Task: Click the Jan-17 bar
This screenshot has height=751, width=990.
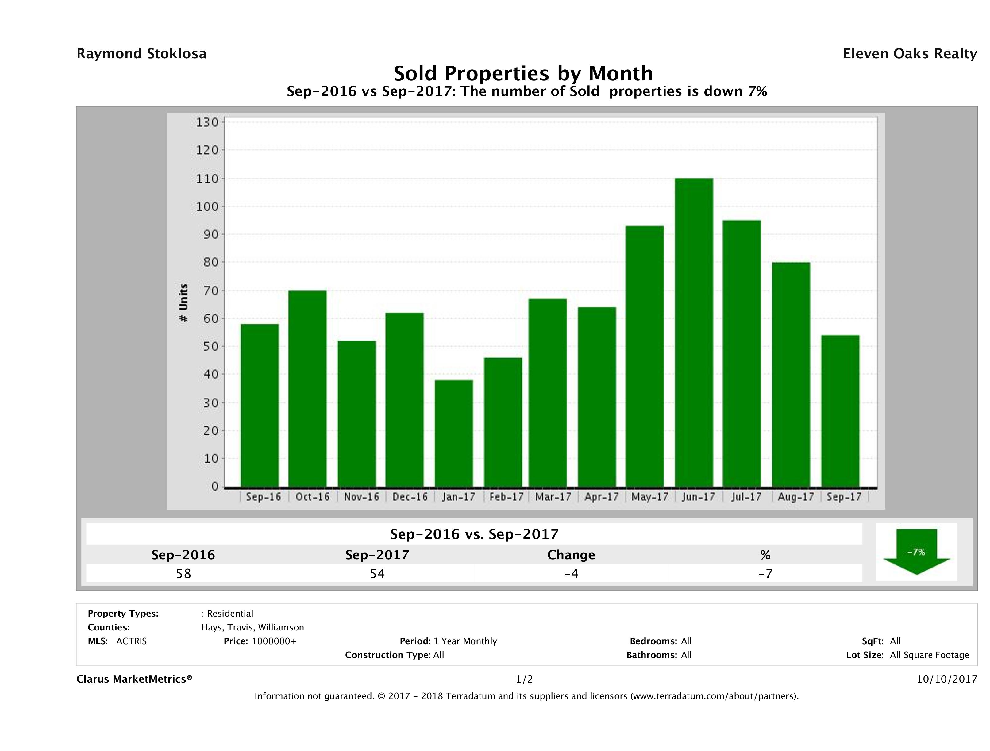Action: [x=453, y=433]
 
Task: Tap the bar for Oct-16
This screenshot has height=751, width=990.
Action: [x=307, y=388]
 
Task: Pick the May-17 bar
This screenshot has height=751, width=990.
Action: [x=645, y=356]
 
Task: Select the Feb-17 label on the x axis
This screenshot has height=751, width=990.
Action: [x=506, y=497]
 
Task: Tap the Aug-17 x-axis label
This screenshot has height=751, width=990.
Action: [x=795, y=497]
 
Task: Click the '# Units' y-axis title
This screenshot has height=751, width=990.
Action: [x=183, y=303]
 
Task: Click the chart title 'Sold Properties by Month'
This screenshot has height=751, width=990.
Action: [x=523, y=73]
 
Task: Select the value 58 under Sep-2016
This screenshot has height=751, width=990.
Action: [x=183, y=573]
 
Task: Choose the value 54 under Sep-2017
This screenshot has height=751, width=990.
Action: [x=377, y=573]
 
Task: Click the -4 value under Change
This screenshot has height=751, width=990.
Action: [x=571, y=573]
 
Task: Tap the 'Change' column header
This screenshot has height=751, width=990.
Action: [x=571, y=555]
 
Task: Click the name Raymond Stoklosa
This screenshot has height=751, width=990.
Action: [x=141, y=54]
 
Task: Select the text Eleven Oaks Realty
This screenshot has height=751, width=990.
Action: [x=909, y=54]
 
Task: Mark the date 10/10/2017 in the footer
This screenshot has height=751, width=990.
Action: [x=946, y=680]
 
